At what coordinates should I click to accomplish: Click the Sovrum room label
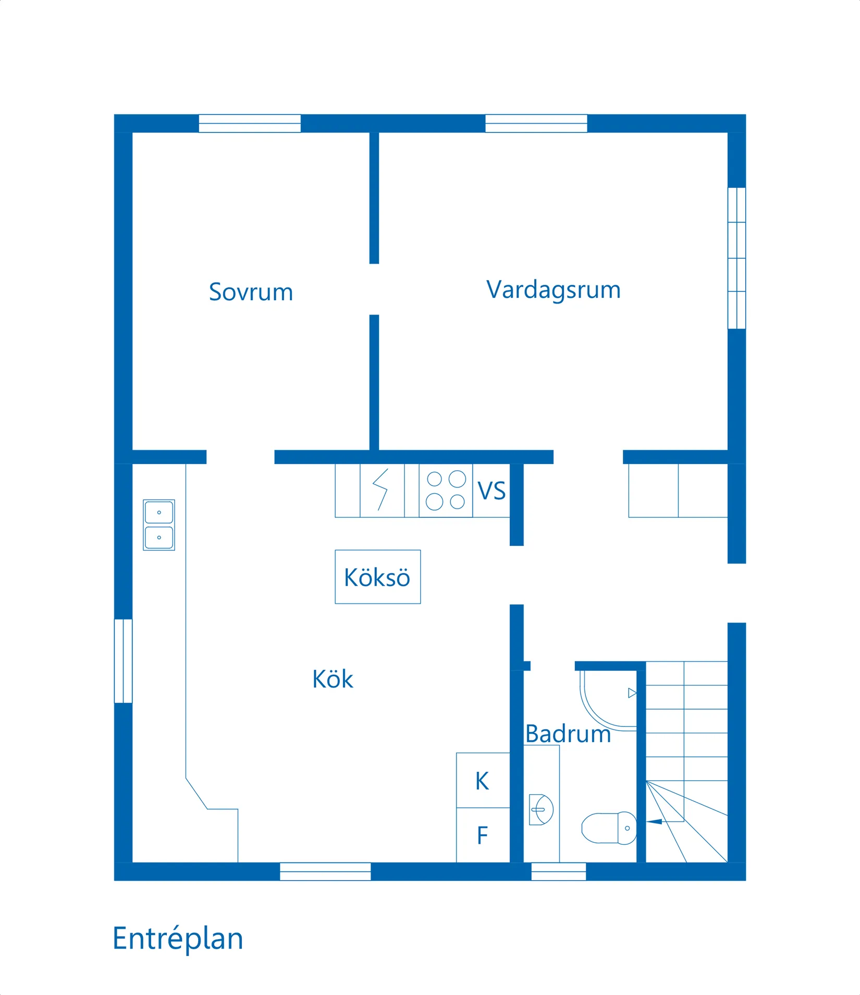[251, 292]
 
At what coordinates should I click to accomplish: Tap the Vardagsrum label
[553, 290]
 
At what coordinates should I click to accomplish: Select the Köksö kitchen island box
[377, 577]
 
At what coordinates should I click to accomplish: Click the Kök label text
[333, 679]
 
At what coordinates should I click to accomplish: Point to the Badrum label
[568, 734]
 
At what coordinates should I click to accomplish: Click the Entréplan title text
[178, 939]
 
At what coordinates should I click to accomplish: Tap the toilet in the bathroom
[609, 828]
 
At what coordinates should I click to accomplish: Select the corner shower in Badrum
[607, 699]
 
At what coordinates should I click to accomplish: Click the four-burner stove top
[446, 490]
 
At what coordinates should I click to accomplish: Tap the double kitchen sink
[159, 525]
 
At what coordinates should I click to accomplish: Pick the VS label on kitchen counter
[492, 491]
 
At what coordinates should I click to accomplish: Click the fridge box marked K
[483, 781]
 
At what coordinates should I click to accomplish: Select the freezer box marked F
[483, 835]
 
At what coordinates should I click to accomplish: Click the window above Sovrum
[250, 124]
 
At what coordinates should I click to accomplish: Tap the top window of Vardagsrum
[536, 124]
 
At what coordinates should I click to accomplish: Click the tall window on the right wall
[736, 258]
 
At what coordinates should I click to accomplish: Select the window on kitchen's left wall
[123, 661]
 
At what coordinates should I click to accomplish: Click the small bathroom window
[558, 871]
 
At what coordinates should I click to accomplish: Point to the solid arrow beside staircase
[654, 822]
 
